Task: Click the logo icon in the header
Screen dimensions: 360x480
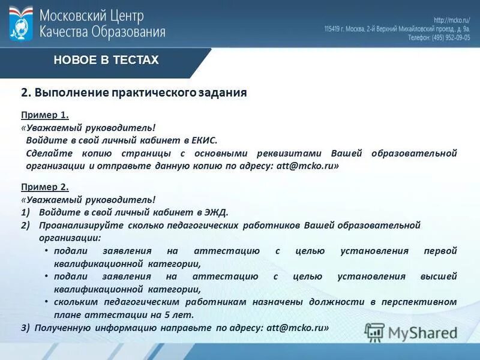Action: [21, 23]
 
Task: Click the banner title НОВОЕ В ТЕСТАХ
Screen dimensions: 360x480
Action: [106, 60]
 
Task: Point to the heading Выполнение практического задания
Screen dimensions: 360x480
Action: [140, 93]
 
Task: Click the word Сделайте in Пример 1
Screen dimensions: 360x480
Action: [48, 153]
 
